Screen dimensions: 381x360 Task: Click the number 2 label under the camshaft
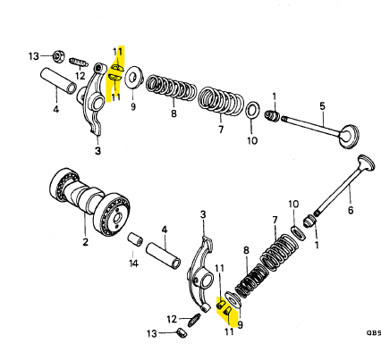click(85, 242)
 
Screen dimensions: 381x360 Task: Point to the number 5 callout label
click(322, 106)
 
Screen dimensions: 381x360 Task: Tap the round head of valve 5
click(349, 136)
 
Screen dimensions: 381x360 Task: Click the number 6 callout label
click(351, 210)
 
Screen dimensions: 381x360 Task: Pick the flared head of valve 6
click(366, 163)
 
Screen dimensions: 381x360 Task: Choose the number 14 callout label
click(133, 264)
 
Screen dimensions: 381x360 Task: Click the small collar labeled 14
click(135, 240)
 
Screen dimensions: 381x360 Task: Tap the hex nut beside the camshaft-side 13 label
click(58, 56)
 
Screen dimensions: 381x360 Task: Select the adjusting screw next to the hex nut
click(79, 63)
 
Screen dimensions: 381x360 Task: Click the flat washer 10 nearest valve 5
click(252, 110)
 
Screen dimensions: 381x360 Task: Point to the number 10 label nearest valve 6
click(293, 205)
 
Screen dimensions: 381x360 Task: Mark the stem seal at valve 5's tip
click(272, 115)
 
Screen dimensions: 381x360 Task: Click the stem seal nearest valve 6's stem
click(310, 221)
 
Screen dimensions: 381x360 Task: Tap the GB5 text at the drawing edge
click(374, 332)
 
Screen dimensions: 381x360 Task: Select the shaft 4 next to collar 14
click(164, 255)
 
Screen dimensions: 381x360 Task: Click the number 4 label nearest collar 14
click(165, 230)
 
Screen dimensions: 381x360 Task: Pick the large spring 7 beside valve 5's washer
click(222, 101)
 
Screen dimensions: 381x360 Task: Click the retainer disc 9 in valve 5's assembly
click(134, 77)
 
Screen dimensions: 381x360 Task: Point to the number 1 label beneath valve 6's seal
click(317, 245)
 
